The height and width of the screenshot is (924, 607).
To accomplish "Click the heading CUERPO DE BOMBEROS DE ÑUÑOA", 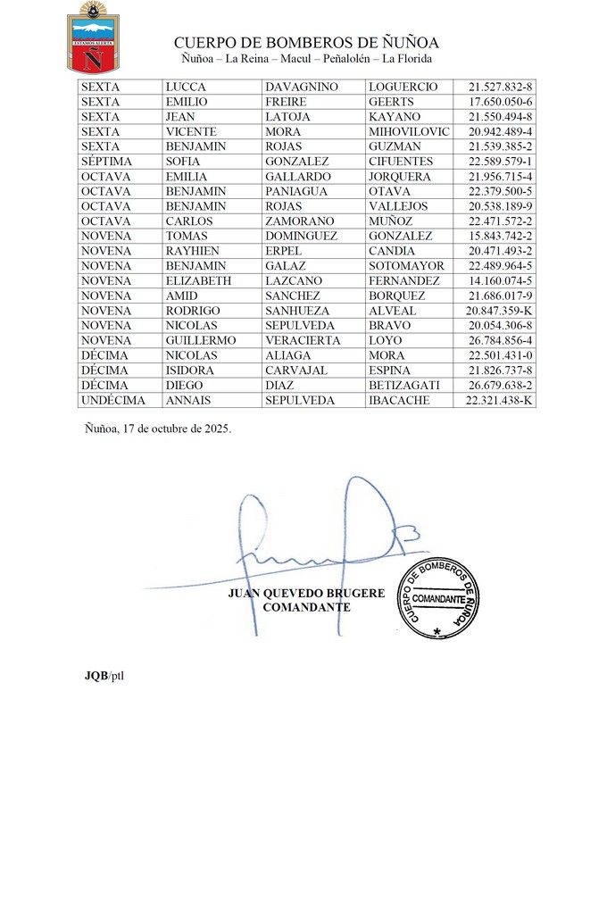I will tap(306, 43).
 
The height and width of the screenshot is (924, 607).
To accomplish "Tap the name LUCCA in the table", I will tap(186, 87).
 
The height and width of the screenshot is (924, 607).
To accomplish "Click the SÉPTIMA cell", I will tap(106, 162).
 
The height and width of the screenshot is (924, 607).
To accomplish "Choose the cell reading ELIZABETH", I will tap(198, 280).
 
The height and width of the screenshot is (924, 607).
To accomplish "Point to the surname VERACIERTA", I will tap(303, 340).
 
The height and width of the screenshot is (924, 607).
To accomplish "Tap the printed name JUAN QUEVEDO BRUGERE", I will tap(306, 593).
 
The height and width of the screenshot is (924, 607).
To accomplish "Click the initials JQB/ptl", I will tap(98, 674).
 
